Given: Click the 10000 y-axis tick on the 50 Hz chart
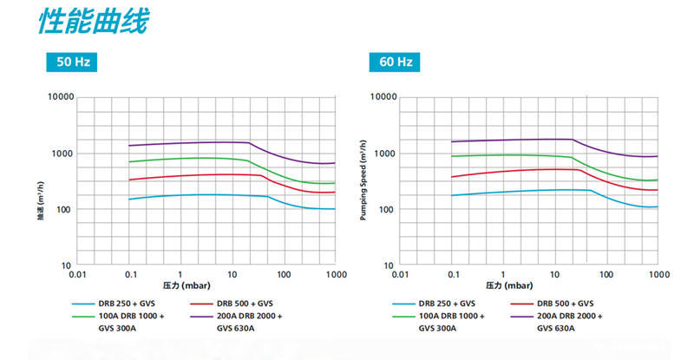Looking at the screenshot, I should click(x=59, y=97).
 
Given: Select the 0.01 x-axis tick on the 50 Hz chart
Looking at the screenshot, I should click(x=77, y=274).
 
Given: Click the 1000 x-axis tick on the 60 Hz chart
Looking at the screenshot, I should click(x=658, y=274).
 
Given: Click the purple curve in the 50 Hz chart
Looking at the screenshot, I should click(x=191, y=142).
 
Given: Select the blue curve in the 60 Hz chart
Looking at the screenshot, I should click(x=520, y=190).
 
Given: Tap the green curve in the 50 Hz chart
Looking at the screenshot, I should click(x=191, y=158).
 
